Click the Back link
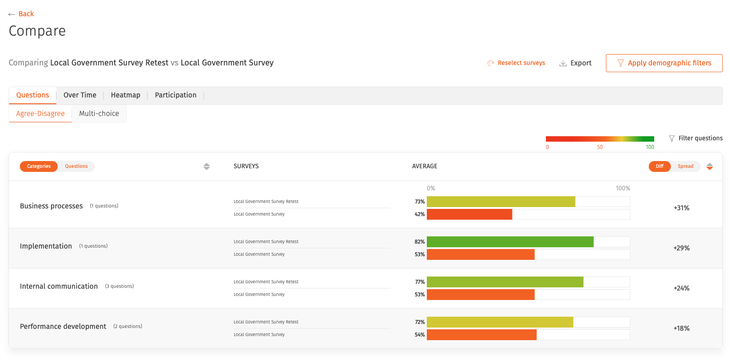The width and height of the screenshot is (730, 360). pyautogui.click(x=22, y=14)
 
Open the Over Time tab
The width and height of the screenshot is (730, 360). pyautogui.click(x=80, y=95)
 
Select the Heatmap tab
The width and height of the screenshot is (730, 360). pyautogui.click(x=125, y=95)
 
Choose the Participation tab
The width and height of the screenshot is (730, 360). pyautogui.click(x=176, y=95)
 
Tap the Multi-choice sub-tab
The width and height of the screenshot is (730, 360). pyautogui.click(x=99, y=113)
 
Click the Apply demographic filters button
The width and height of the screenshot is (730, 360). pyautogui.click(x=664, y=63)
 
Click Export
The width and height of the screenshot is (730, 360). pyautogui.click(x=576, y=63)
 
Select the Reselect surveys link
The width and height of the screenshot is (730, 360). pyautogui.click(x=516, y=63)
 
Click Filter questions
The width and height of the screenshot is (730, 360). pyautogui.click(x=696, y=138)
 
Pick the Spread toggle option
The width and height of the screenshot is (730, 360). pyautogui.click(x=685, y=166)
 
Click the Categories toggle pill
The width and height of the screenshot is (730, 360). pyautogui.click(x=39, y=166)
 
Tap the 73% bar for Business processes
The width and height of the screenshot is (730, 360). pyautogui.click(x=501, y=202)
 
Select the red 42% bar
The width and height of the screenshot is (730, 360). pyautogui.click(x=469, y=214)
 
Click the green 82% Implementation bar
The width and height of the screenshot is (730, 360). pyautogui.click(x=510, y=242)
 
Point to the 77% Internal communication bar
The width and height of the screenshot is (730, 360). pyautogui.click(x=505, y=282)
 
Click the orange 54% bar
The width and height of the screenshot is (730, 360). pyautogui.click(x=482, y=335)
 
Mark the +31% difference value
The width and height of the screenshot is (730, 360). pyautogui.click(x=681, y=208)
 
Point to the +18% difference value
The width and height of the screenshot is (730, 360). pyautogui.click(x=681, y=328)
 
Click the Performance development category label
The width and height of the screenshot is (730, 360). pyautogui.click(x=63, y=326)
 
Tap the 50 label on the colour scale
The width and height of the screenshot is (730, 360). pyautogui.click(x=600, y=147)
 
